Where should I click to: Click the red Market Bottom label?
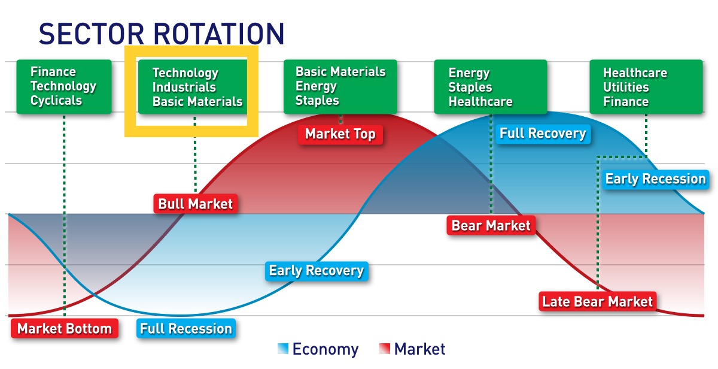64,329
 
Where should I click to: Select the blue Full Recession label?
185,329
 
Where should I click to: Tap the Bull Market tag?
195,204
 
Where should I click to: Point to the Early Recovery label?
316,271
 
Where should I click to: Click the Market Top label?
340,134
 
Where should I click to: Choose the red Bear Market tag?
491,226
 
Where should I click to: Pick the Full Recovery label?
542,134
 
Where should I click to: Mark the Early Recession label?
655,179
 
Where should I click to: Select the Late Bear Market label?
597,301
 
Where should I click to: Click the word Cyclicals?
56,101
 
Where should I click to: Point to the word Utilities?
625,87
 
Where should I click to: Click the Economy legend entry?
318,349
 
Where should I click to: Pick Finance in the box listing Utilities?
625,102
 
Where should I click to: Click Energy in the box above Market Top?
316,86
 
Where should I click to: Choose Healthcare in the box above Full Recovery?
480,102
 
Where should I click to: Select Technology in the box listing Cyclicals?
63,86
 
